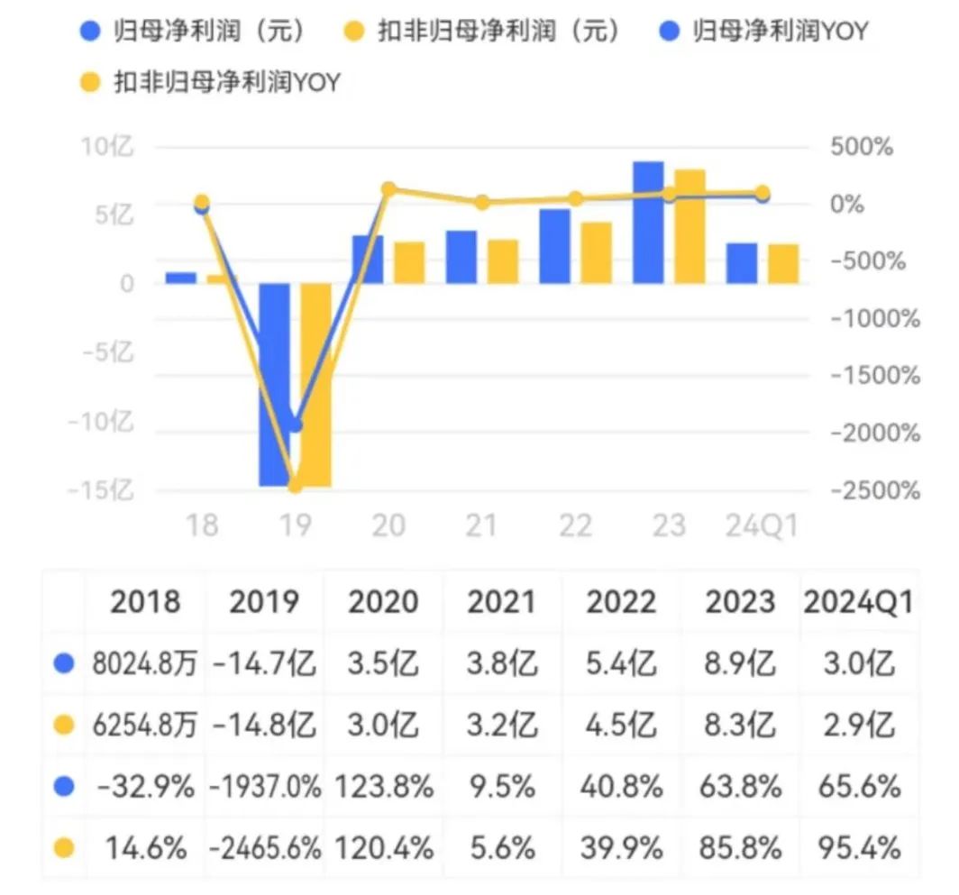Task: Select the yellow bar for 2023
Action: pyautogui.click(x=690, y=226)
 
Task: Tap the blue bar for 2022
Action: pyautogui.click(x=554, y=246)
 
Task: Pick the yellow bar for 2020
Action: pyautogui.click(x=409, y=262)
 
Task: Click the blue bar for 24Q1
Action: pyautogui.click(x=742, y=263)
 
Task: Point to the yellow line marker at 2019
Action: pyautogui.click(x=294, y=486)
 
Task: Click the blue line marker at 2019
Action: pyautogui.click(x=294, y=425)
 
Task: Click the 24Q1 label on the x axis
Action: pyautogui.click(x=762, y=525)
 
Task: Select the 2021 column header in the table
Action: pyautogui.click(x=501, y=601)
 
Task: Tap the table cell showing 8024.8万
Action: pyautogui.click(x=145, y=664)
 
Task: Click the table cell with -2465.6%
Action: pyautogui.click(x=265, y=847)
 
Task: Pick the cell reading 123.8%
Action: pyautogui.click(x=382, y=786)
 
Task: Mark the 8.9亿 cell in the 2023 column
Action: pyautogui.click(x=738, y=664)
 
